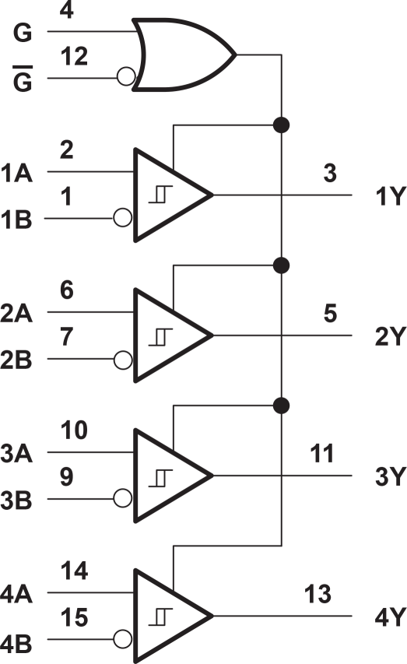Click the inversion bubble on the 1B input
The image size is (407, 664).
122,218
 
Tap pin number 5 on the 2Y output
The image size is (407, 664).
330,314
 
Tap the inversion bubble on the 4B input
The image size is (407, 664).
122,638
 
